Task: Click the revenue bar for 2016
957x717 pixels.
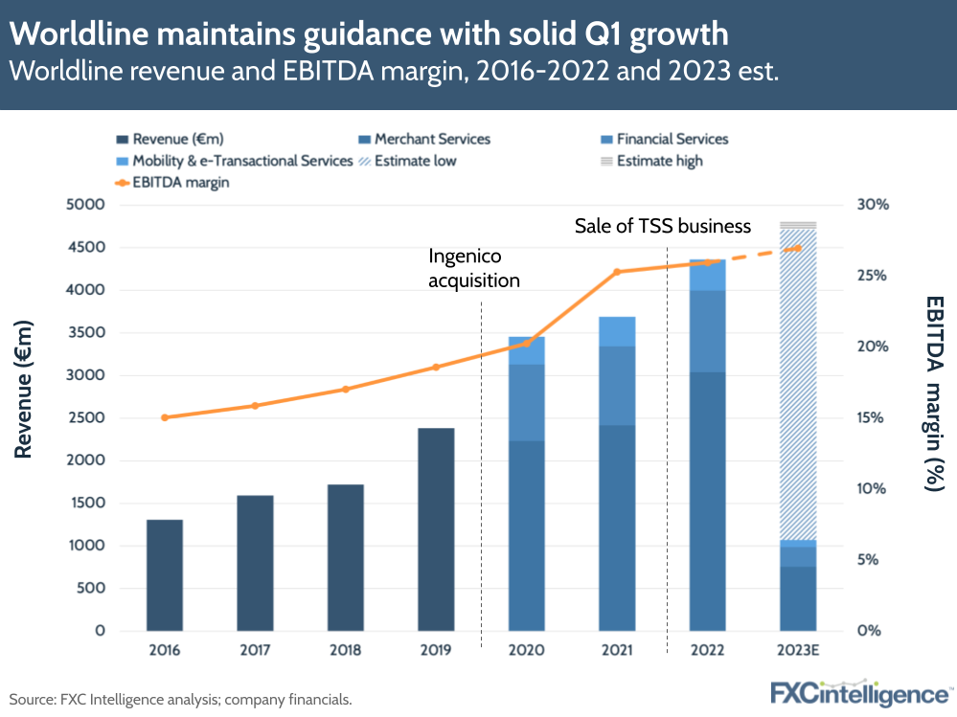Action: coord(164,574)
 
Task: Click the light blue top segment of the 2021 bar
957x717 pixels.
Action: coord(617,331)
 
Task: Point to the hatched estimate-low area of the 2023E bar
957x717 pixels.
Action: coord(797,383)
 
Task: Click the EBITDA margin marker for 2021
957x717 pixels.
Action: coord(617,272)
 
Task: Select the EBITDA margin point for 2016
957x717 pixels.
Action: coord(164,417)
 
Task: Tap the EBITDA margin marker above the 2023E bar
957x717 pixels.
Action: coord(797,248)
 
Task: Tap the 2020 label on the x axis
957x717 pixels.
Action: coord(526,650)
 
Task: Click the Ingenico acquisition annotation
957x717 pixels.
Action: coord(473,268)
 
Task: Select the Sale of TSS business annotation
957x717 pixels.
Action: coord(662,226)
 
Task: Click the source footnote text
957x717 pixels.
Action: coord(180,700)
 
